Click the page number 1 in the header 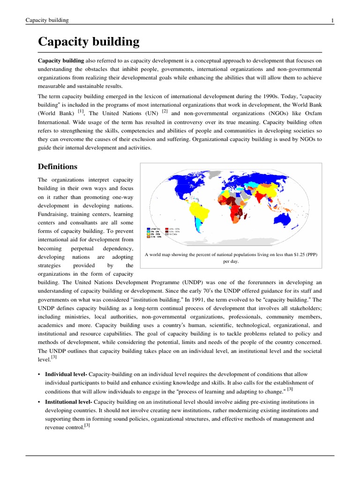[x=332, y=20]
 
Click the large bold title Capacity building [x=89, y=42]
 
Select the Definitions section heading [x=58, y=166]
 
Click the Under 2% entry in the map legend [x=155, y=229]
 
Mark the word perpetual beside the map [x=85, y=248]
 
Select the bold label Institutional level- [x=69, y=402]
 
